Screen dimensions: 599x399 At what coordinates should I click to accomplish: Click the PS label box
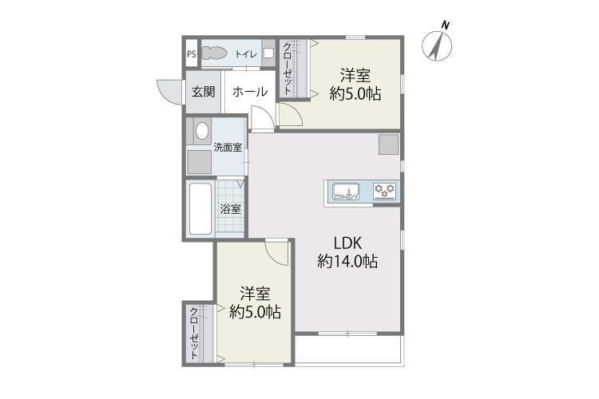pyautogui.click(x=192, y=53)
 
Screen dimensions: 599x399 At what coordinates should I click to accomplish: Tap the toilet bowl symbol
pyautogui.click(x=213, y=53)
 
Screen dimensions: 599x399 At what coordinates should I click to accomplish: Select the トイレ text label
pyautogui.click(x=246, y=54)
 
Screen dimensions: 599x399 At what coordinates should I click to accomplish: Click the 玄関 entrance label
pyautogui.click(x=203, y=92)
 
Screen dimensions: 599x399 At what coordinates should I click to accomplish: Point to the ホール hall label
pyautogui.click(x=250, y=92)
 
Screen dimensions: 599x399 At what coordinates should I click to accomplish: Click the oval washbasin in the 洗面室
pyautogui.click(x=202, y=131)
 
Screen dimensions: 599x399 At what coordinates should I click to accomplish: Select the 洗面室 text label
pyautogui.click(x=228, y=148)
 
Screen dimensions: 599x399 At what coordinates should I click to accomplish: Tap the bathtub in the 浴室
pyautogui.click(x=200, y=208)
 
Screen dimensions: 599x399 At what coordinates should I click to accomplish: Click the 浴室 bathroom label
pyautogui.click(x=230, y=209)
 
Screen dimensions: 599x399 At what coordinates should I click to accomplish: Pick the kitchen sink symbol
pyautogui.click(x=346, y=192)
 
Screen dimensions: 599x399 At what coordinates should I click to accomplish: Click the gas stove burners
pyautogui.click(x=384, y=191)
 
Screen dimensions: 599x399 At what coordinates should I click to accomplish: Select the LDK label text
pyautogui.click(x=347, y=243)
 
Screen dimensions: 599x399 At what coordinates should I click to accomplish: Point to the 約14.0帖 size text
pyautogui.click(x=347, y=262)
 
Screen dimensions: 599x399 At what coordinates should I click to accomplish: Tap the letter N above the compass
pyautogui.click(x=445, y=26)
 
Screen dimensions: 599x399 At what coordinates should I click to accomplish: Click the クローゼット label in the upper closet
pyautogui.click(x=288, y=69)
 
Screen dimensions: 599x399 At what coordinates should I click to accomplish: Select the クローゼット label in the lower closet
pyautogui.click(x=194, y=333)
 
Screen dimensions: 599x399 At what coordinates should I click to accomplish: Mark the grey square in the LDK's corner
pyautogui.click(x=388, y=144)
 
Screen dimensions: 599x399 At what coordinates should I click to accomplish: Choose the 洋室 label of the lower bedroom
pyautogui.click(x=256, y=294)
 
